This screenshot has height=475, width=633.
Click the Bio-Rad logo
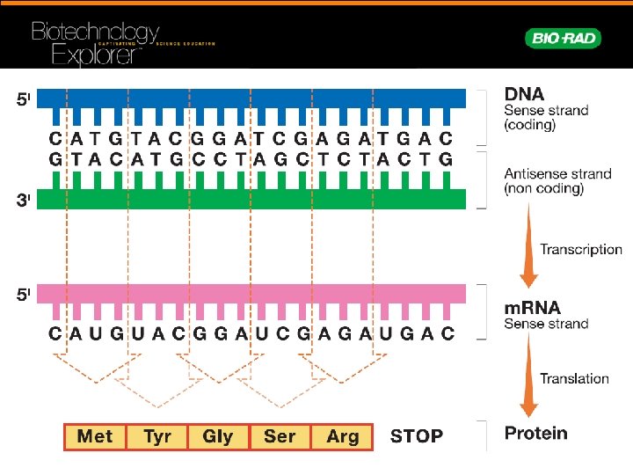click(x=563, y=38)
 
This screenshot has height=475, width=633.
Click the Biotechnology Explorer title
click(x=97, y=44)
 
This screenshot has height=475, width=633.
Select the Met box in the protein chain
click(x=95, y=436)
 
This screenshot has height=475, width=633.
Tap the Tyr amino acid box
click(x=156, y=436)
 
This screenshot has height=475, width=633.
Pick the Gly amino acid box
click(x=218, y=436)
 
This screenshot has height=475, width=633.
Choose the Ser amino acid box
click(x=280, y=436)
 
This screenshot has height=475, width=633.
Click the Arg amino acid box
click(x=342, y=436)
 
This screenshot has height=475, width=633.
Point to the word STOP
click(x=417, y=436)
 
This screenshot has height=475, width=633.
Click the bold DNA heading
click(x=524, y=94)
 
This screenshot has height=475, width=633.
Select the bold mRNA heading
click(x=532, y=309)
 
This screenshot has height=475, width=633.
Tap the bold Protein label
click(x=535, y=433)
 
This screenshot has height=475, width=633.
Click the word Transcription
click(x=580, y=250)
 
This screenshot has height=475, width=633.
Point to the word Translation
click(x=574, y=379)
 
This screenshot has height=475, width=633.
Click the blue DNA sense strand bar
click(x=251, y=99)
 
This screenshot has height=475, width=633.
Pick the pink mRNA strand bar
click(x=251, y=294)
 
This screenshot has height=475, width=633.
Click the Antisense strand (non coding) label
click(x=557, y=181)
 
